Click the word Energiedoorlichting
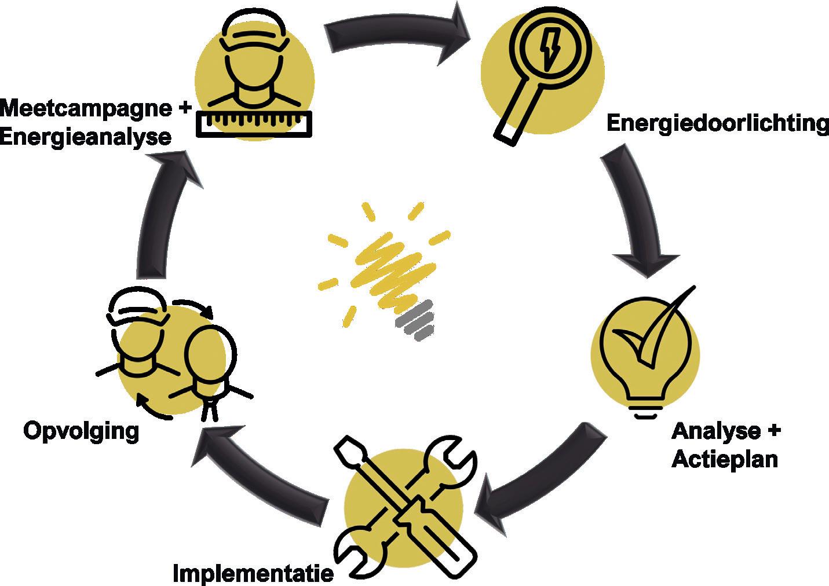[717, 123]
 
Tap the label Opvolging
[81, 431]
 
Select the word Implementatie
[254, 573]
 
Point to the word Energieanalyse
[86, 137]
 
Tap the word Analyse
[716, 431]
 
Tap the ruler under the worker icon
[254, 123]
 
